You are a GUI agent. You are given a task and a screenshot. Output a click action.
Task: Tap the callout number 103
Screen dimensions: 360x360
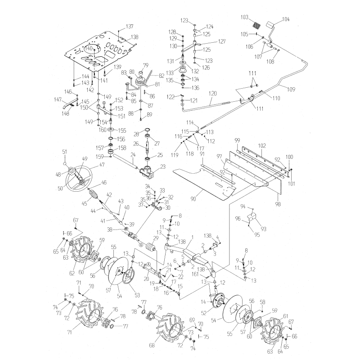pos(244,17)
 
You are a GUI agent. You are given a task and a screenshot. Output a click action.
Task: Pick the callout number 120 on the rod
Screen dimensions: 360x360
pos(213,93)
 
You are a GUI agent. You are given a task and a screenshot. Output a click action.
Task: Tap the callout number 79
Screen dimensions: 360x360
pos(145,65)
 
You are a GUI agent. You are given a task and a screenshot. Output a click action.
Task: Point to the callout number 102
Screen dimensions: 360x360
pos(262,145)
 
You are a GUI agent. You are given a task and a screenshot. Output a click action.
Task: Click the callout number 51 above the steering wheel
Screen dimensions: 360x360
pos(64,152)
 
